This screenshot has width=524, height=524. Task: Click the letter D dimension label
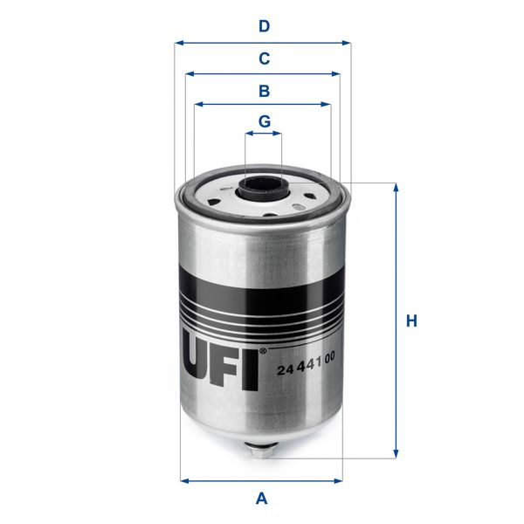tap(263, 26)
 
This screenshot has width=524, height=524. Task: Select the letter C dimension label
tap(263, 59)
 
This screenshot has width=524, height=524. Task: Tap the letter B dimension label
tap(263, 90)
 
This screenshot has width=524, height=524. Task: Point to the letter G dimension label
tap(263, 121)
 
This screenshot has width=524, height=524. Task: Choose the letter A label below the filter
tap(261, 499)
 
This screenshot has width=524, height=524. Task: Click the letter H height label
tap(411, 321)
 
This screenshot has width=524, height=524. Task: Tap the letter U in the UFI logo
tap(198, 358)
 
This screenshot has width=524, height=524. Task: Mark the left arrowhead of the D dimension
tap(178, 42)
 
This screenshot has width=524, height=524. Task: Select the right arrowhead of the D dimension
tap(346, 42)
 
